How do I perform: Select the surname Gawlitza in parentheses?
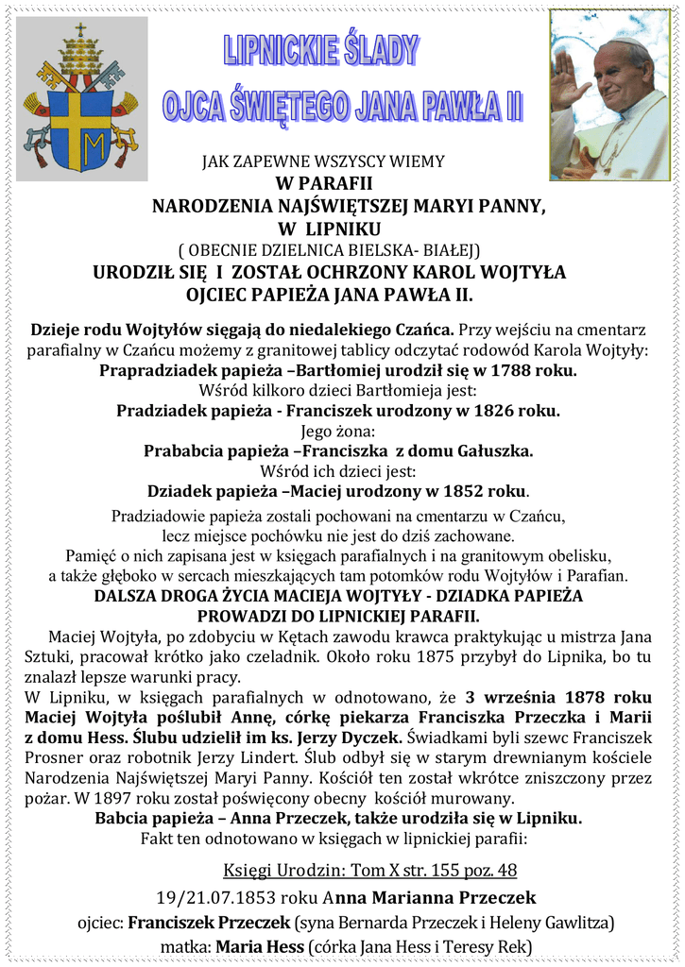point(575,922)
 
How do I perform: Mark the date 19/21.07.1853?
point(216,897)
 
